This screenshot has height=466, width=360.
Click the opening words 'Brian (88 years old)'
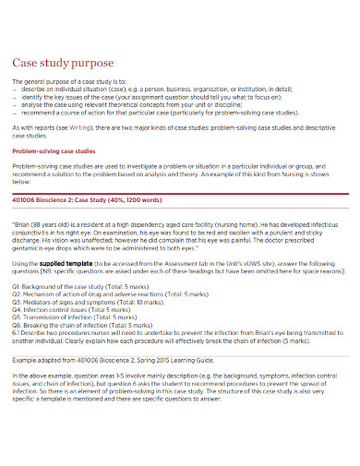point(45,222)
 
